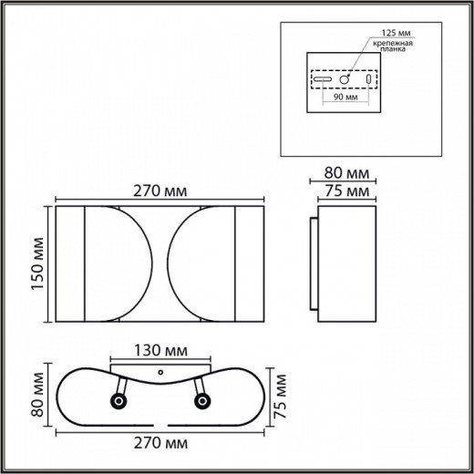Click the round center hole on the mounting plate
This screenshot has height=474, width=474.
348,79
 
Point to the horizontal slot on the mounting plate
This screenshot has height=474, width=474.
323,80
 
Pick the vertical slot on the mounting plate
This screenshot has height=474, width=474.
369,79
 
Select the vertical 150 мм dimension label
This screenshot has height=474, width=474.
36,265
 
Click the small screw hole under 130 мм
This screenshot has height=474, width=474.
161,373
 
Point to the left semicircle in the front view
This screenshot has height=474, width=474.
114,265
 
